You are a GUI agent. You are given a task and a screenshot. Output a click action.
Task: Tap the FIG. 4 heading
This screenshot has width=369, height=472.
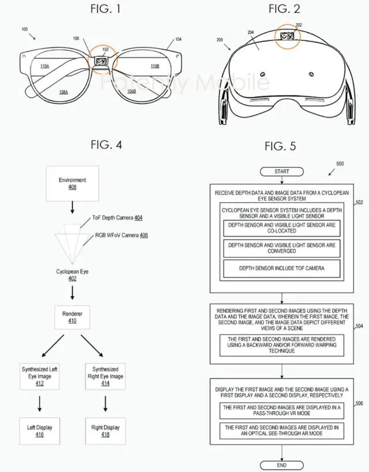[x=106, y=145]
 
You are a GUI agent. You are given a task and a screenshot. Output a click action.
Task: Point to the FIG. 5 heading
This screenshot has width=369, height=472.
[x=280, y=147]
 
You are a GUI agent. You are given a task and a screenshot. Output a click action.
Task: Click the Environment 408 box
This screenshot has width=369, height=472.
[x=72, y=183]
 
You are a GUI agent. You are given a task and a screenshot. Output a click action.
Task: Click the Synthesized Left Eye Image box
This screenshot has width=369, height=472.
[x=40, y=376]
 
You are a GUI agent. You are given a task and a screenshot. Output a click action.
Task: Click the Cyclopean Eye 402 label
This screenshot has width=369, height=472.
[x=72, y=274]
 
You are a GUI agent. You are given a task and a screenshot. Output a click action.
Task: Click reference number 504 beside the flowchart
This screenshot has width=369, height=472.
[x=359, y=326]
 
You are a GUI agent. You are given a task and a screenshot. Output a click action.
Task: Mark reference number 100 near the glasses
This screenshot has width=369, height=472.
[x=25, y=28]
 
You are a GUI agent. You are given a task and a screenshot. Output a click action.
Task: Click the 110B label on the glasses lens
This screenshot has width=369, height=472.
[x=155, y=66]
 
